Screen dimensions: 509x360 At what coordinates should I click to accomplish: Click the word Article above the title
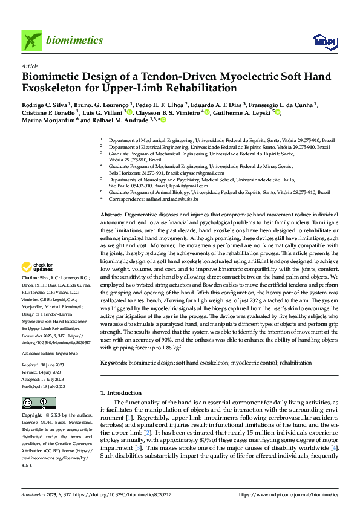pos(30,66)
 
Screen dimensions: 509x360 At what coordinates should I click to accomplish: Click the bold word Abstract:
pos(111,215)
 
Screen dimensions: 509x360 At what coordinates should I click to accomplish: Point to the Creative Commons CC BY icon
pos(39,403)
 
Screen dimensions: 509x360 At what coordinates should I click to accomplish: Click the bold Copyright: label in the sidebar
pos(32,416)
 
